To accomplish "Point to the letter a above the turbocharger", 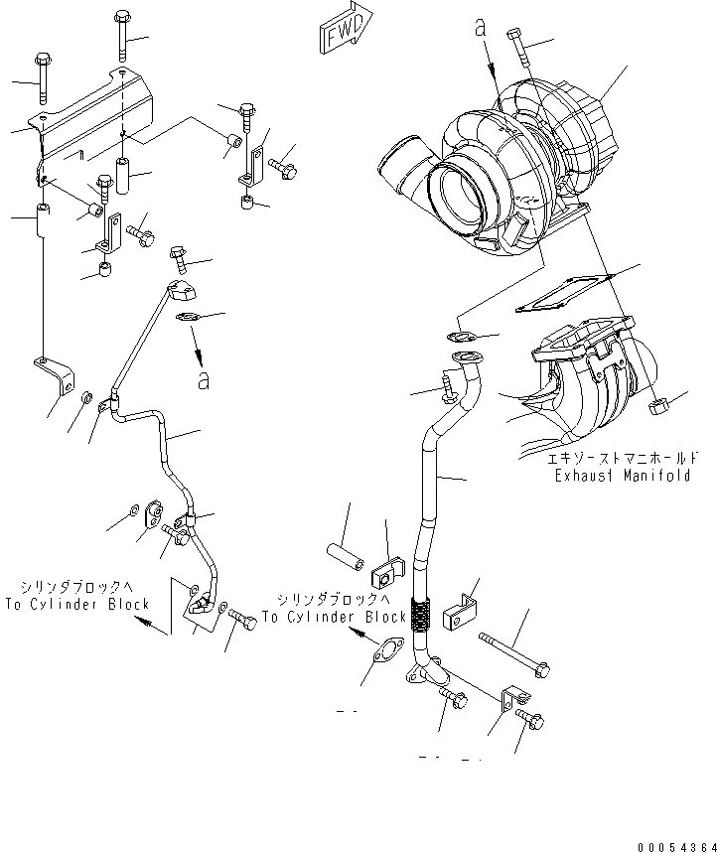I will (481, 30).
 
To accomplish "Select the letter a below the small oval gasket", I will (203, 380).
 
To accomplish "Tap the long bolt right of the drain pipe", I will (512, 654).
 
